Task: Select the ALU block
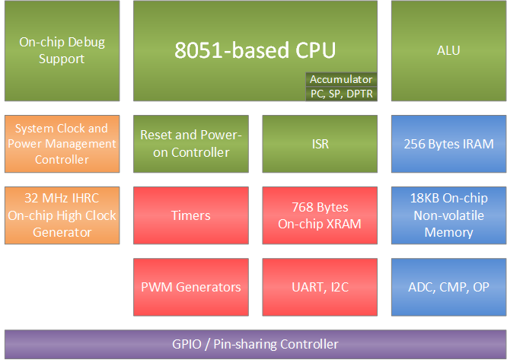point(448,51)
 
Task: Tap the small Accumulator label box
point(341,79)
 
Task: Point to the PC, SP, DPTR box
point(341,93)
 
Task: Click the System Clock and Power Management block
point(62,144)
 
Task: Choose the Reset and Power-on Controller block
point(191,144)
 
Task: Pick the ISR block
point(320,144)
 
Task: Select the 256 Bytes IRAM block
point(448,144)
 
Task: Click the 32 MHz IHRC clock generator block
point(62,215)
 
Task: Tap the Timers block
point(191,215)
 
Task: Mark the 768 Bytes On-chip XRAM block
point(320,215)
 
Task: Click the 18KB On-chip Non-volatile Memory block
point(448,215)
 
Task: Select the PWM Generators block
point(191,287)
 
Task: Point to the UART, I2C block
point(320,287)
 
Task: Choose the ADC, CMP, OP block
point(448,287)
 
